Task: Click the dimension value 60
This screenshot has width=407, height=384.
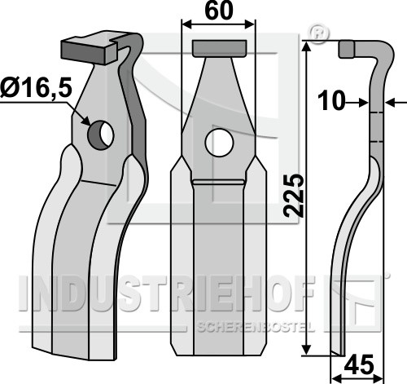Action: pyautogui.click(x=219, y=11)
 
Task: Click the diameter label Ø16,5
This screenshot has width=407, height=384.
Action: pyautogui.click(x=36, y=87)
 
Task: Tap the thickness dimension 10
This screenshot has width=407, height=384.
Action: pyautogui.click(x=331, y=101)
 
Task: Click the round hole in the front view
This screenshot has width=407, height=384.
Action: pyautogui.click(x=219, y=143)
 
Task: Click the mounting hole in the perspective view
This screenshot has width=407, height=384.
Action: pyautogui.click(x=100, y=135)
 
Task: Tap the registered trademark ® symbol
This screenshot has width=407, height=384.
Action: pyautogui.click(x=318, y=33)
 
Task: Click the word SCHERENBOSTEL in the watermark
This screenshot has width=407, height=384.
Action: pyautogui.click(x=256, y=328)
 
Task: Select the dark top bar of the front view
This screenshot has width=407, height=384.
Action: pyautogui.click(x=220, y=48)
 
